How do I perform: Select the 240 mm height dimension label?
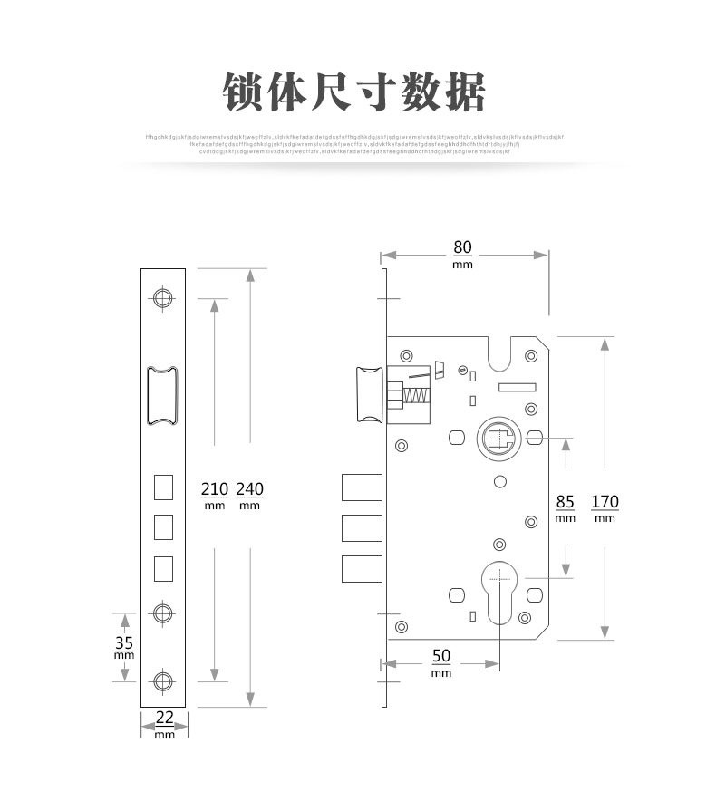(x=249, y=494)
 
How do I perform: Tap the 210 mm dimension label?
(x=214, y=494)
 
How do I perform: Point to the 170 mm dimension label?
(x=605, y=507)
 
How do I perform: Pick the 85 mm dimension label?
(x=566, y=507)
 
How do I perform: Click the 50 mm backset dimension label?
(x=441, y=661)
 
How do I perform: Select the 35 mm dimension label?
(x=124, y=646)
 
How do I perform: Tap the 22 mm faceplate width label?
(x=164, y=722)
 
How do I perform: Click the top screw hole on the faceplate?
(x=163, y=297)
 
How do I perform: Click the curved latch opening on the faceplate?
(x=163, y=394)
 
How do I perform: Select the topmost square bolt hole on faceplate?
(x=163, y=487)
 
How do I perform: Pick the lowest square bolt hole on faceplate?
(x=163, y=567)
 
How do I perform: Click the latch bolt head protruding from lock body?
(x=369, y=394)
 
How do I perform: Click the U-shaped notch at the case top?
(x=501, y=353)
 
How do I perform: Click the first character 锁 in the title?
(x=246, y=92)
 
